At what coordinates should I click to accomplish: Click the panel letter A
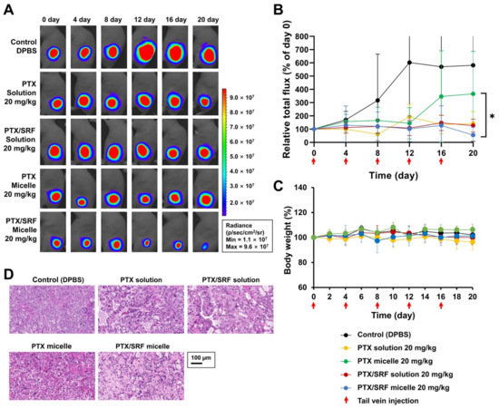click(8, 8)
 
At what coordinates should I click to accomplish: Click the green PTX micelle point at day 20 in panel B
click(472, 93)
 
